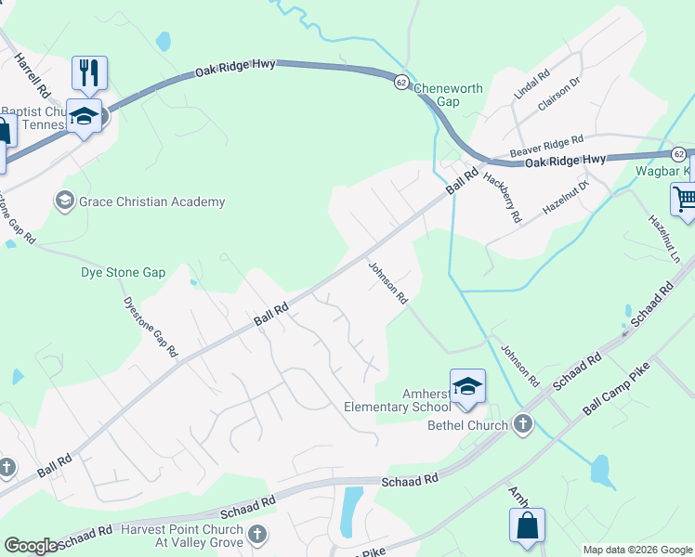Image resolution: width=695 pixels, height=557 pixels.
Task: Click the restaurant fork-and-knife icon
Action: point(89,72)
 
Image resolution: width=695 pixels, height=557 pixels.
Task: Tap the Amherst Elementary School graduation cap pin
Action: point(467,386)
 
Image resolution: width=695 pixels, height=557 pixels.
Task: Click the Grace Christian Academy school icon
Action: point(65,201)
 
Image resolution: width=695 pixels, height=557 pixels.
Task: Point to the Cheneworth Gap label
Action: point(449,96)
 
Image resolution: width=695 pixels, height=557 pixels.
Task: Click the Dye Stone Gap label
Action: point(123,273)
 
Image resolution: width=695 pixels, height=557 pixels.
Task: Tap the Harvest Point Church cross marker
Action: point(257,535)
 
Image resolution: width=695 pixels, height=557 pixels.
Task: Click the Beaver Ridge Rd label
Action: point(546,147)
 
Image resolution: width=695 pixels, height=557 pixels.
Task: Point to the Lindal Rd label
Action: point(532,84)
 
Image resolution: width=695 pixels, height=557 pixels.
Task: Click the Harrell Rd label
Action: point(32,75)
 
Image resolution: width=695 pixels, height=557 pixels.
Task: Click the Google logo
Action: point(31,546)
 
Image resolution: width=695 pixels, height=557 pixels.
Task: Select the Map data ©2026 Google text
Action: point(637,550)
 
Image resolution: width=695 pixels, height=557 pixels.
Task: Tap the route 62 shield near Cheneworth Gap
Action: point(400,81)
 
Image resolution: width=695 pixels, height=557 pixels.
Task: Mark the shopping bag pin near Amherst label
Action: point(527,525)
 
